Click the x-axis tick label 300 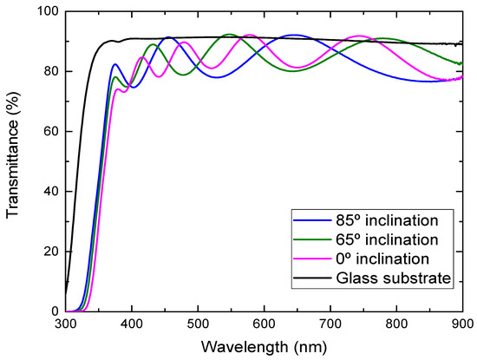pyautogui.click(x=66, y=324)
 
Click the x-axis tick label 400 pyautogui.click(x=132, y=324)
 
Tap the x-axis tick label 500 pyautogui.click(x=199, y=324)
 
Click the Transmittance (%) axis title pyautogui.click(x=15, y=161)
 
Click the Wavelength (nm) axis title pyautogui.click(x=265, y=346)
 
